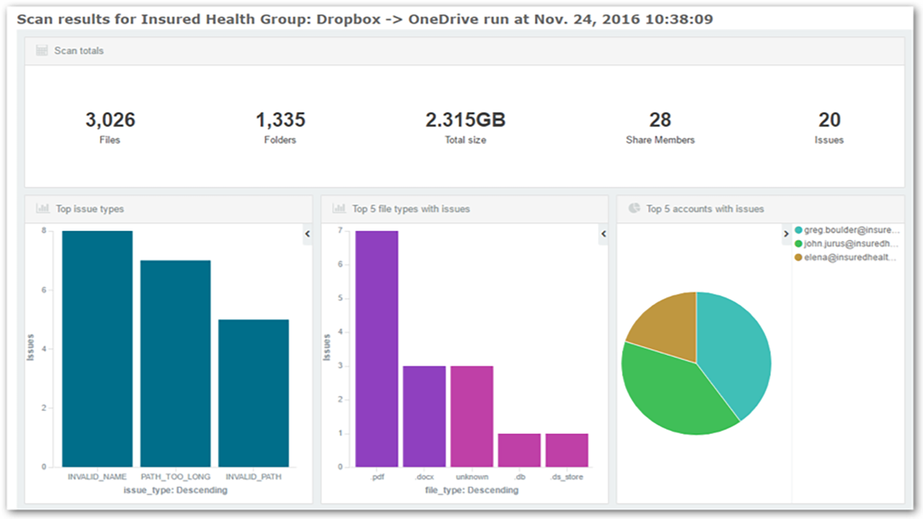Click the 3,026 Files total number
pos(110,120)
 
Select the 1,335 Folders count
pos(280,120)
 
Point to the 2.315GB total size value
pos(465,120)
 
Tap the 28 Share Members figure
pos(660,120)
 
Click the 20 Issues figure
pos(829,120)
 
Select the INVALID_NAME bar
pos(97,349)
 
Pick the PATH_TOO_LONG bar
pos(175,363)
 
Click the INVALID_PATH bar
pos(253,393)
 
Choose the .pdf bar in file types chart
pos(376,349)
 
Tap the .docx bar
pos(424,416)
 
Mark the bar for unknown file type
pos(472,416)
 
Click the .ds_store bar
pos(567,450)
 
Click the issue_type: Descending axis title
pos(175,490)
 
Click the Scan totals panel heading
pos(79,51)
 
